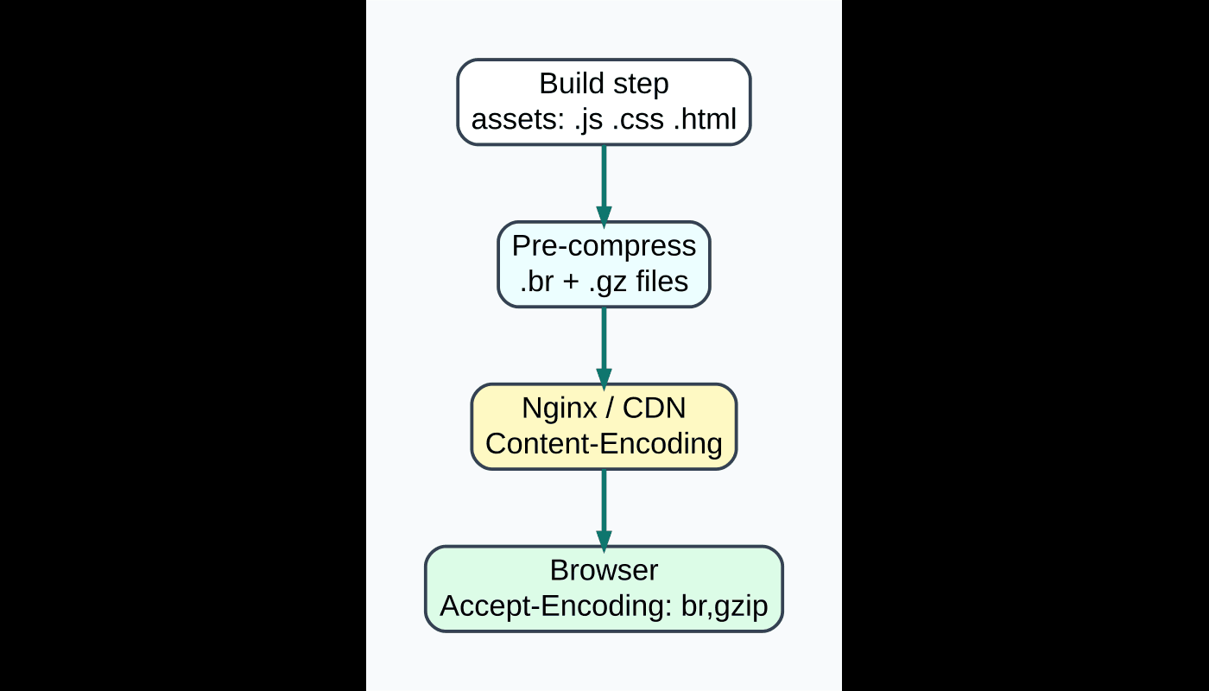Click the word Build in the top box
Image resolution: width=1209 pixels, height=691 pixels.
[x=567, y=84]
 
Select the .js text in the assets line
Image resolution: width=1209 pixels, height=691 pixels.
[x=589, y=119]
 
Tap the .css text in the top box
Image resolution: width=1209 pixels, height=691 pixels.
[x=638, y=119]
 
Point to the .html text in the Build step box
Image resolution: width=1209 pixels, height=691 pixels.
[x=704, y=119]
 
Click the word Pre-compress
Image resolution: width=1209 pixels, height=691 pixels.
[x=604, y=246]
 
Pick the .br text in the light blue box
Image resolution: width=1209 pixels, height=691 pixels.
[x=536, y=282]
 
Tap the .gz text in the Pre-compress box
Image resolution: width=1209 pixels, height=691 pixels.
[x=606, y=282]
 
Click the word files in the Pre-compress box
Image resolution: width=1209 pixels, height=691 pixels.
[x=662, y=282]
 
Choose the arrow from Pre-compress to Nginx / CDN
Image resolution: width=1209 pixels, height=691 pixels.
[x=604, y=345]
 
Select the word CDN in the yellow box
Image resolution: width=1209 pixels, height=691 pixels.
[x=654, y=408]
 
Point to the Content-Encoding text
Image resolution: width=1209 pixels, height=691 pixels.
[x=604, y=443]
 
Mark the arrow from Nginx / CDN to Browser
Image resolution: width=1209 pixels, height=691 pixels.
[x=604, y=508]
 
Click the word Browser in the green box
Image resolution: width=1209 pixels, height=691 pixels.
[x=604, y=570]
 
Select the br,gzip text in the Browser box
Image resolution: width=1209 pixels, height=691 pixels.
[x=724, y=605]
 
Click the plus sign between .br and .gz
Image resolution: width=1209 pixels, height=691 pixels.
[x=570, y=282]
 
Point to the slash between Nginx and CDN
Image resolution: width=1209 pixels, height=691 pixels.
[x=610, y=408]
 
